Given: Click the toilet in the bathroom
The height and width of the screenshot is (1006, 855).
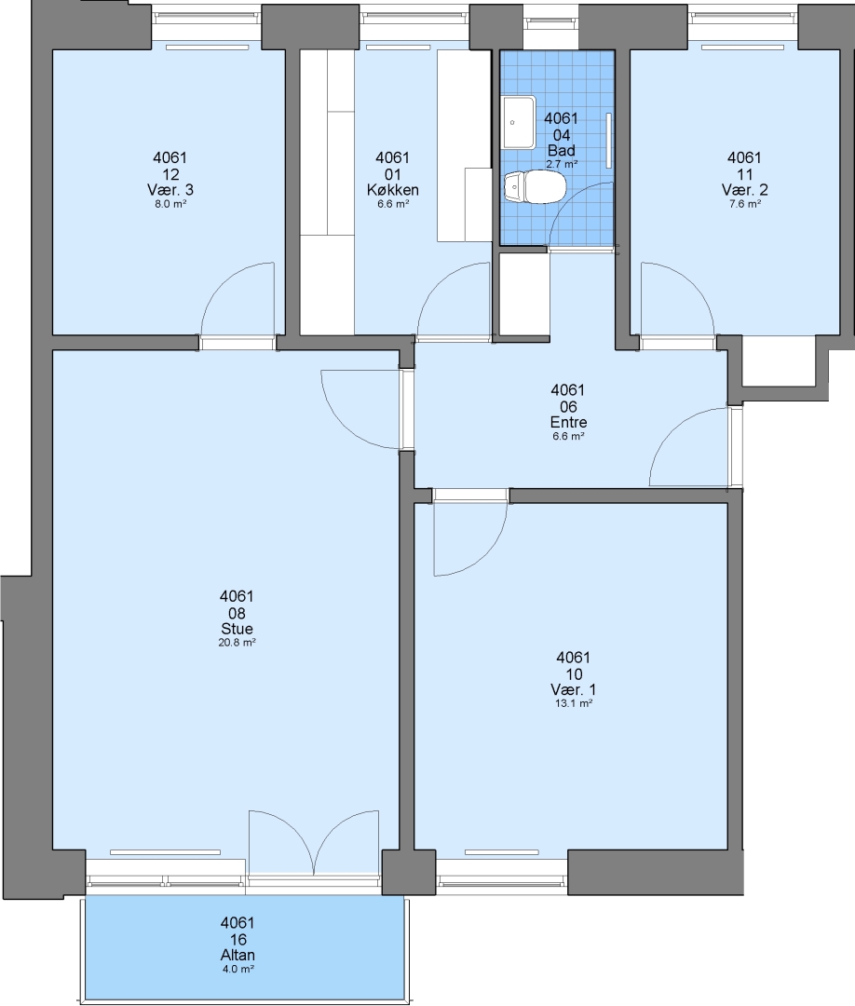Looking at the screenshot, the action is click(535, 186).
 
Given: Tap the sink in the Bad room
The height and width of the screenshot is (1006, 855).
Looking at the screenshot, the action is click(519, 122).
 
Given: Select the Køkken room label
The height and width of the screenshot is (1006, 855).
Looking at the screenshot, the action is click(392, 190).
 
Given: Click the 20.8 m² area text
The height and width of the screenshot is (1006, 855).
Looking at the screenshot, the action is click(237, 642).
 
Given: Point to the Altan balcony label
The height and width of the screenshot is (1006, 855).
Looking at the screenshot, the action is click(237, 956).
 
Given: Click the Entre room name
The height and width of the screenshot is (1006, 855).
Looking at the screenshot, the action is click(568, 422).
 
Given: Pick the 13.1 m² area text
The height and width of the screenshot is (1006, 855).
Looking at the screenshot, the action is click(573, 703).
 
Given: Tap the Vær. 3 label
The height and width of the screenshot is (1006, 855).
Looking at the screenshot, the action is click(170, 190).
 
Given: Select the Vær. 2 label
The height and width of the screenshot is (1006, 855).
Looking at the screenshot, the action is click(745, 190).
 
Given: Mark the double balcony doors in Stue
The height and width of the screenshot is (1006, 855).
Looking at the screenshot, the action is click(314, 840).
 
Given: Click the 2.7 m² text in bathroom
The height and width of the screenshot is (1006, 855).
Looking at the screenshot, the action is click(562, 164).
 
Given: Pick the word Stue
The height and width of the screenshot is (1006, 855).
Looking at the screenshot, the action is click(237, 629).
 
